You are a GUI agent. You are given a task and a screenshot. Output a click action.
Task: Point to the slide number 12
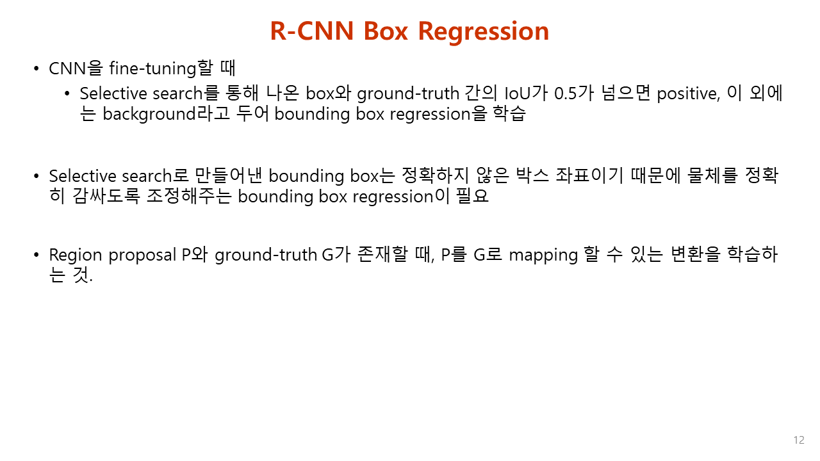coord(798,440)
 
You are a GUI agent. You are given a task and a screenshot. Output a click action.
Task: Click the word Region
coord(77,255)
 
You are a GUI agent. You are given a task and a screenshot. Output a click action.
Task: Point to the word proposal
coord(142,255)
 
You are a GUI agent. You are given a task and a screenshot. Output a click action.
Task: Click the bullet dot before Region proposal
coord(37,255)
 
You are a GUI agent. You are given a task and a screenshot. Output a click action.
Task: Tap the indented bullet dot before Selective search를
coord(68,93)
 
